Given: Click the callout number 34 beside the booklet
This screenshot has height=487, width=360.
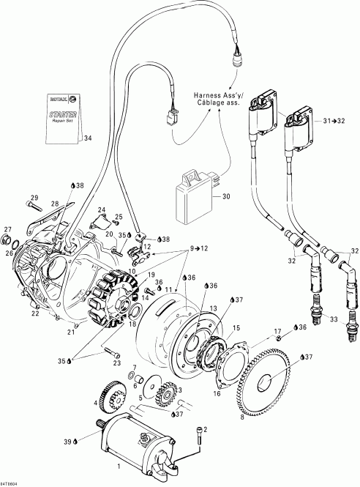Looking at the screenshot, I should click(88, 137).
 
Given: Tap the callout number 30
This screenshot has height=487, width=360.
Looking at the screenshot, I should click(225, 196).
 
